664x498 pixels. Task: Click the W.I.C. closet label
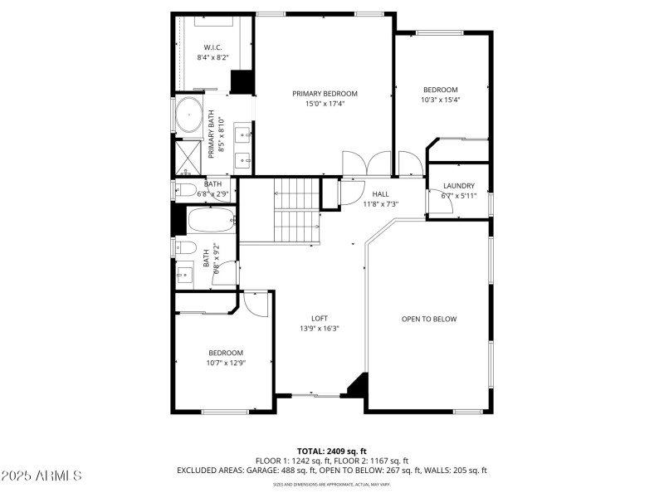coord(212,46)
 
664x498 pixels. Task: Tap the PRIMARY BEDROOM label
coord(325,93)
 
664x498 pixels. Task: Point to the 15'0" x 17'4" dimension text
coord(325,104)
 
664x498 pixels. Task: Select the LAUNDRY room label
coord(459,185)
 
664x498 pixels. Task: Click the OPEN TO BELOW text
coord(429,319)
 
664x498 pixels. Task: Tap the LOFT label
coord(320,318)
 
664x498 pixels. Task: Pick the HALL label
coord(380,193)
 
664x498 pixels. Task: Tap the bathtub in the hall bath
coord(211,221)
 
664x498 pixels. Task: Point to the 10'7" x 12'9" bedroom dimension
coord(227,363)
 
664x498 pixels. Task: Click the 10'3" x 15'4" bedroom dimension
coord(440,100)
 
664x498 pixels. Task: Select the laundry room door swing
coord(439,202)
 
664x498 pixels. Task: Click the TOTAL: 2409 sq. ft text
coord(331,451)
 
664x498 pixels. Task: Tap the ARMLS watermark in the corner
coord(41,476)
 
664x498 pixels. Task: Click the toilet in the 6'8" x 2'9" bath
coord(188,191)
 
